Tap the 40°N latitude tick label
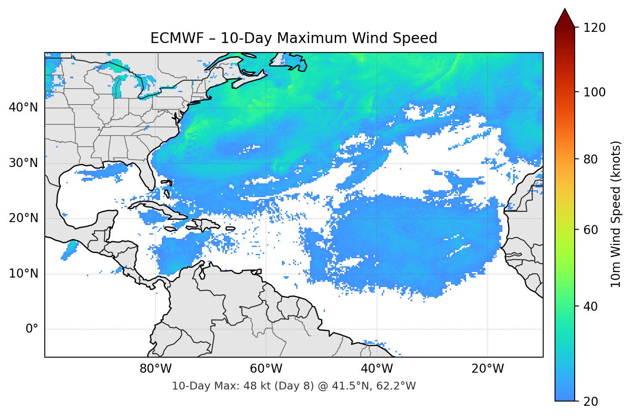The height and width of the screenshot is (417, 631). (x=23, y=107)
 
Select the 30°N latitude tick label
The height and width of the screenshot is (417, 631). (x=23, y=163)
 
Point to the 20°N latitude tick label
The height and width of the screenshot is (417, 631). (x=23, y=218)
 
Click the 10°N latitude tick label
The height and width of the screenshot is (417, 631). (x=23, y=274)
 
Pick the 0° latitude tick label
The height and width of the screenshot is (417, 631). (x=31, y=329)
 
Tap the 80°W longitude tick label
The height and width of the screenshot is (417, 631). (x=155, y=369)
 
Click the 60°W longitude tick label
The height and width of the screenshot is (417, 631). (x=266, y=369)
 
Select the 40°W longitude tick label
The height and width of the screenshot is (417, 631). (x=377, y=369)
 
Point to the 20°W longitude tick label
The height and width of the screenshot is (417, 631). (x=487, y=369)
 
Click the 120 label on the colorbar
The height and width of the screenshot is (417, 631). (x=594, y=28)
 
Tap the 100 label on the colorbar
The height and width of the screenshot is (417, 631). (x=594, y=92)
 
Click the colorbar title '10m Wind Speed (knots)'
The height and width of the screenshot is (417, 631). (x=616, y=214)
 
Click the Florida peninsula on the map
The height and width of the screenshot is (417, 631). (x=147, y=176)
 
